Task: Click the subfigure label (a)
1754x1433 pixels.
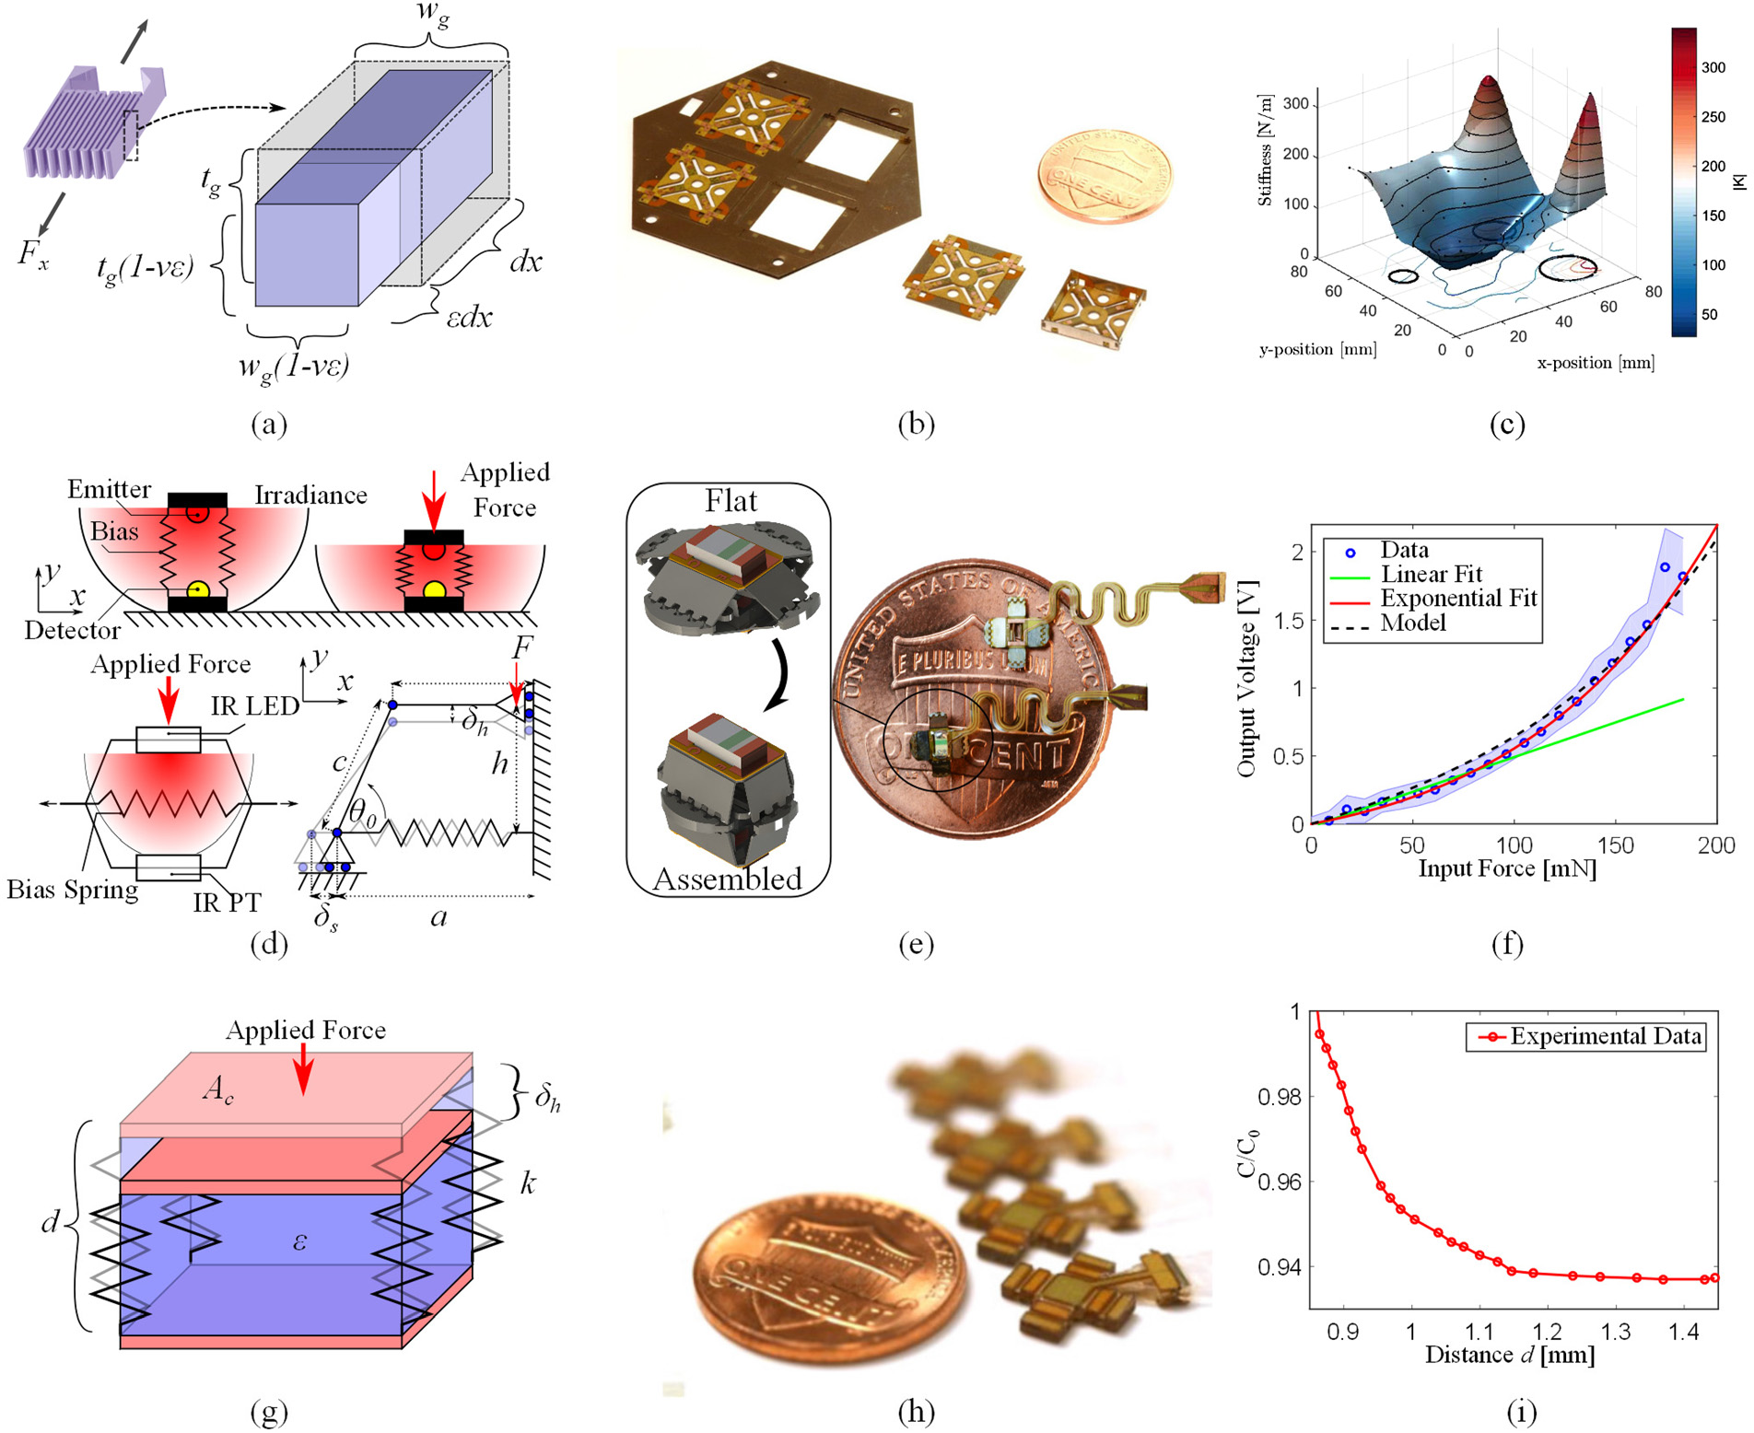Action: [268, 424]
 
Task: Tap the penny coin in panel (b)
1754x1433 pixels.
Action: [1104, 174]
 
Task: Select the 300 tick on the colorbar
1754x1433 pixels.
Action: [1713, 67]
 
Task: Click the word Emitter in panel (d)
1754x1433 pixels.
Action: [109, 489]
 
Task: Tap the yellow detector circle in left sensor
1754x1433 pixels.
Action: [197, 589]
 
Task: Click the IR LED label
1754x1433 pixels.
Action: [255, 705]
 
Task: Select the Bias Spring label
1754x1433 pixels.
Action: [72, 889]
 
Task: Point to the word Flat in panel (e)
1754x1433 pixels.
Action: [731, 501]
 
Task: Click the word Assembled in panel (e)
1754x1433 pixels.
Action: [727, 879]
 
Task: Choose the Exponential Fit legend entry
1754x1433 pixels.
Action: [1458, 598]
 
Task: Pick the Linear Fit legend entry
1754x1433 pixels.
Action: [1431, 574]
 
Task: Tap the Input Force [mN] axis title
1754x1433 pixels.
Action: [1507, 868]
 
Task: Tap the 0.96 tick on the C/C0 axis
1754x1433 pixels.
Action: [1278, 1182]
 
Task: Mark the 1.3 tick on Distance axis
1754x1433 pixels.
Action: [1615, 1332]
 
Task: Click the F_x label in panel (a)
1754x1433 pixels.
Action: [32, 253]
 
